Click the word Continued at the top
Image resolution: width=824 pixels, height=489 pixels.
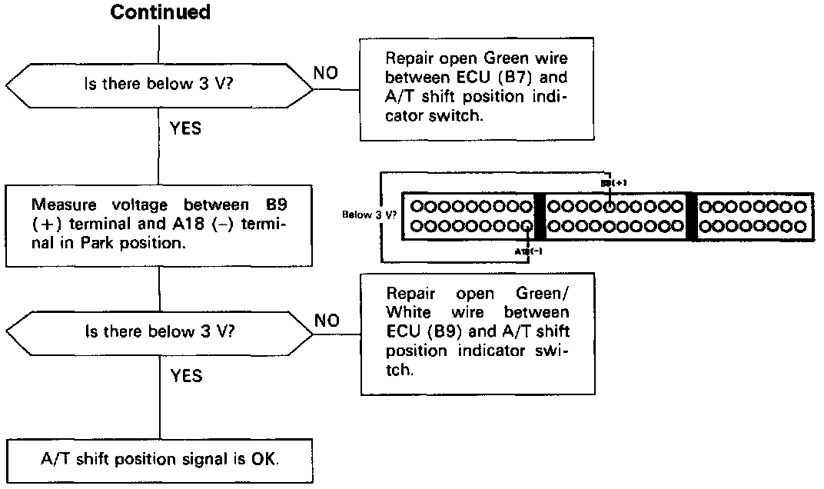tap(160, 12)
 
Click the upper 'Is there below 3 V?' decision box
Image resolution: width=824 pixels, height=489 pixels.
tap(160, 85)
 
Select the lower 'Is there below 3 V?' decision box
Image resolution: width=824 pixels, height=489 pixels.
tap(160, 332)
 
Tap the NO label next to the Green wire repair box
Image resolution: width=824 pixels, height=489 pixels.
tap(327, 73)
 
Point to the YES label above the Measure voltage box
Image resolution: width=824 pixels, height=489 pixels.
tap(185, 128)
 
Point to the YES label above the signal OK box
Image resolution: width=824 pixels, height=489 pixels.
tap(185, 375)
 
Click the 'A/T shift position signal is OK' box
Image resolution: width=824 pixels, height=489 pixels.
tap(160, 460)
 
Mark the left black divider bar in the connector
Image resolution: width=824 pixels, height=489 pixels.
tap(539, 216)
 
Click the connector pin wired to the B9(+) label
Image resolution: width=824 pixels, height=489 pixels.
tap(610, 206)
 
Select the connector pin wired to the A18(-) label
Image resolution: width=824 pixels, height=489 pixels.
tap(526, 226)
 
